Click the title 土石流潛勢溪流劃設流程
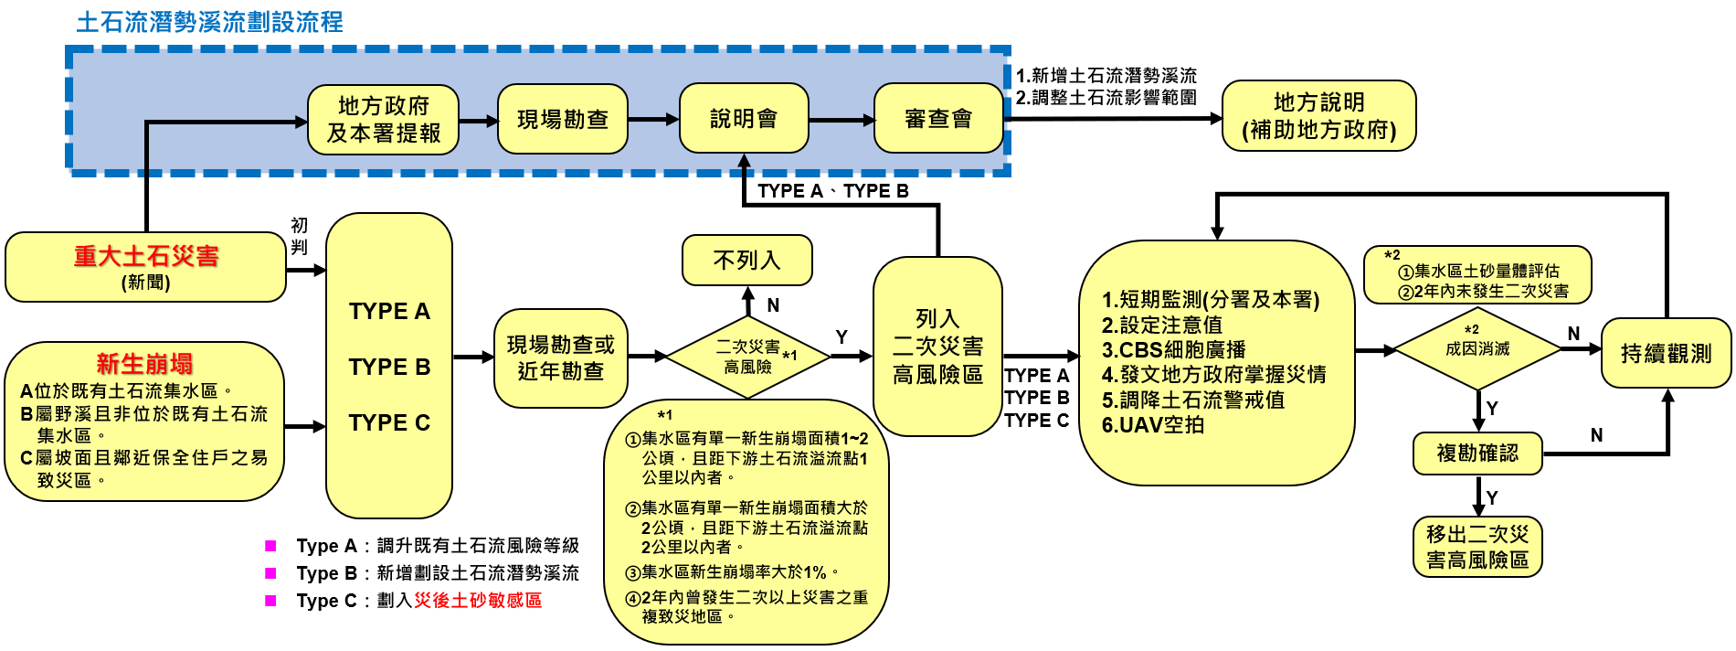tap(209, 22)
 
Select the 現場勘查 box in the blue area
tap(562, 120)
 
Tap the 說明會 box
tap(744, 119)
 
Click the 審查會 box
tap(937, 119)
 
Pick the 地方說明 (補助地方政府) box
tap(1318, 116)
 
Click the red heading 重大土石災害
tap(146, 256)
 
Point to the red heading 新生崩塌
tap(144, 364)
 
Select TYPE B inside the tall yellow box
tap(389, 367)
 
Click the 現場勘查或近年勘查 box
tap(560, 358)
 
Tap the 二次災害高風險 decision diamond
tap(748, 357)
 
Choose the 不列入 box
tap(746, 261)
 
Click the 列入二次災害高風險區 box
tap(937, 347)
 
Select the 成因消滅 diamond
tap(1477, 348)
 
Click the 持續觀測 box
tap(1666, 353)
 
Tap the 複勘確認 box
tap(1477, 454)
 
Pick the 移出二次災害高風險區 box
tap(1477, 547)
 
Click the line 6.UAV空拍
tap(1153, 425)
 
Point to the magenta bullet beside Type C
tap(270, 601)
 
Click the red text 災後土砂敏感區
tap(478, 601)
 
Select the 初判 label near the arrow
tap(299, 236)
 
